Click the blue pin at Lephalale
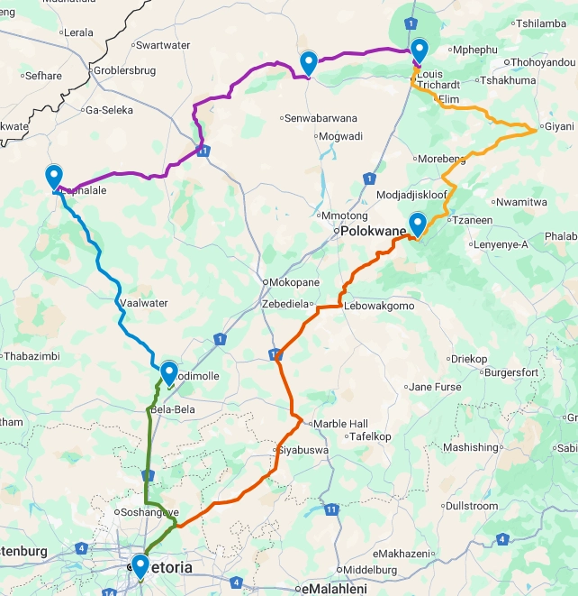click(53, 177)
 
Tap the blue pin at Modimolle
click(168, 371)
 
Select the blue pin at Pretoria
click(140, 565)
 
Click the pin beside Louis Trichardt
click(419, 50)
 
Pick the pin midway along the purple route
click(308, 62)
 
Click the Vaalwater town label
click(144, 304)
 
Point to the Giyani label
click(558, 127)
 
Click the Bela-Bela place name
click(173, 409)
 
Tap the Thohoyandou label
click(545, 62)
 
